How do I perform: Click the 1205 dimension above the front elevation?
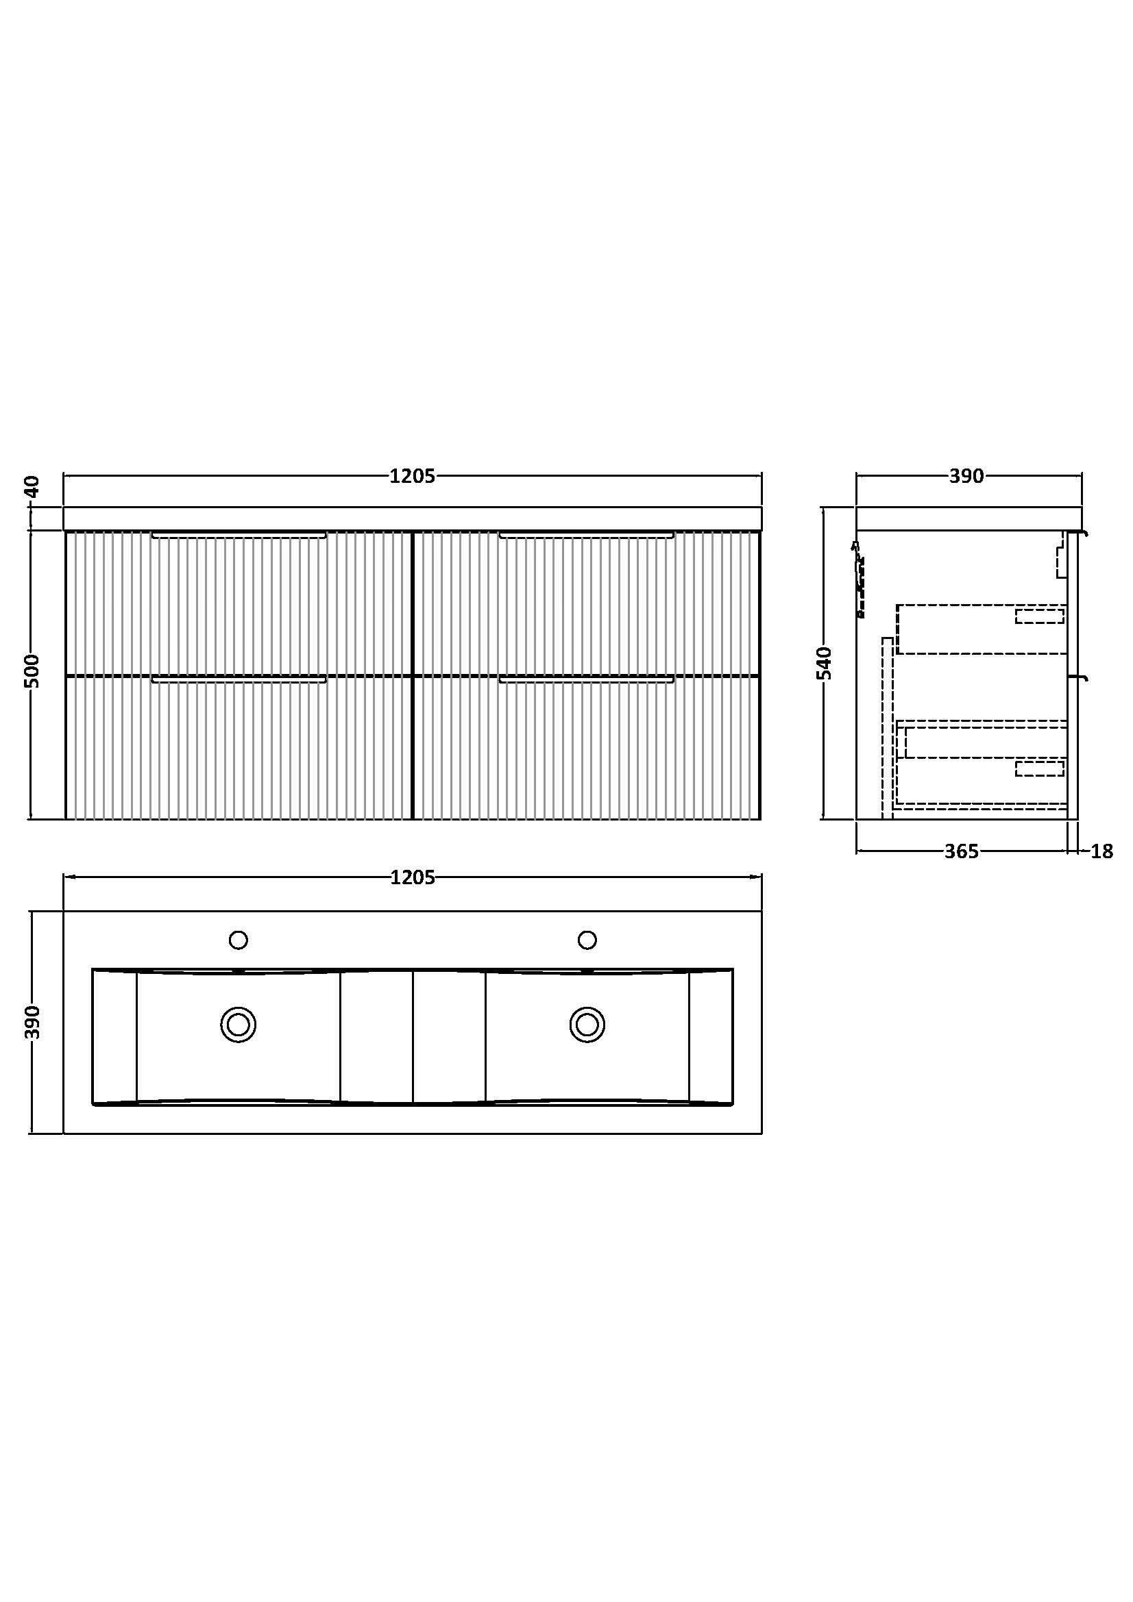(412, 476)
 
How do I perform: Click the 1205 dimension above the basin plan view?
(412, 877)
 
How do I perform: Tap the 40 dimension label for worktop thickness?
(33, 486)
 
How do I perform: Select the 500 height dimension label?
(33, 671)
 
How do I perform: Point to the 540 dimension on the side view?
(825, 663)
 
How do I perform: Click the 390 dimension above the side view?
(966, 476)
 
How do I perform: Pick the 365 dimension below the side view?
(961, 851)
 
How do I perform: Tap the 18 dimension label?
(1101, 851)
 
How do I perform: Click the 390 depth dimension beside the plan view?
(33, 1022)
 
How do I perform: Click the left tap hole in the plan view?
(238, 940)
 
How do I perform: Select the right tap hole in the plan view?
(587, 940)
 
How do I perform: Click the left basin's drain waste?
(238, 1025)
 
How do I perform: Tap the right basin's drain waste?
(587, 1025)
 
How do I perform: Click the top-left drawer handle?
(239, 535)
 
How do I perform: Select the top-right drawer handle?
(587, 535)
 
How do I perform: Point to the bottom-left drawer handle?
(239, 679)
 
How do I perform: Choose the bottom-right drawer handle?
(587, 679)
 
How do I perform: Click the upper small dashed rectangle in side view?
(1040, 616)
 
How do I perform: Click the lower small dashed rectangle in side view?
(1040, 769)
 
